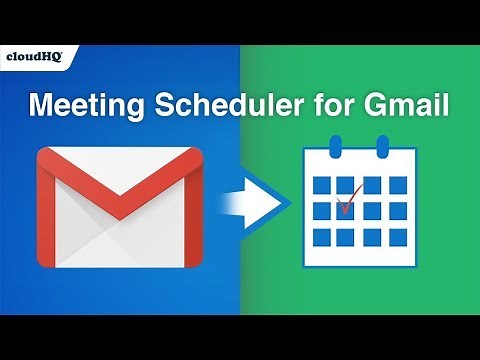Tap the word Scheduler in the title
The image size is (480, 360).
[239, 104]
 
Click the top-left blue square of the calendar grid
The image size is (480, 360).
[320, 185]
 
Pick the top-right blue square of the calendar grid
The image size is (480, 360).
[398, 185]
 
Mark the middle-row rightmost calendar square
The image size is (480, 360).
[398, 212]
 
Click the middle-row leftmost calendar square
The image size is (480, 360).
[320, 212]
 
